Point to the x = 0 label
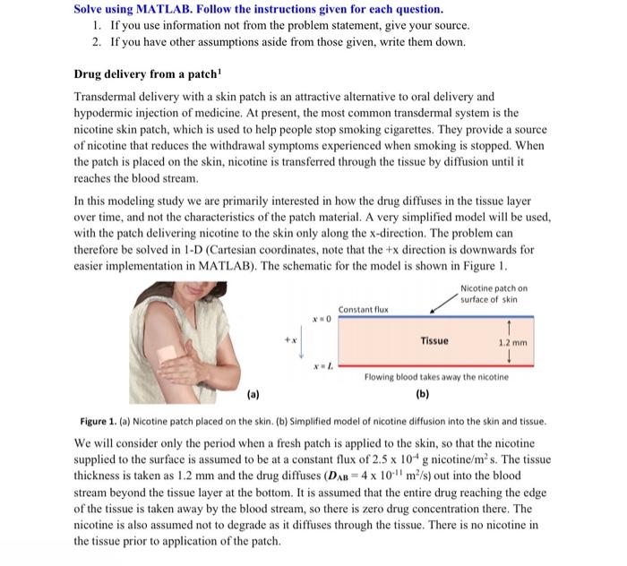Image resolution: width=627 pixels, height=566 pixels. [x=322, y=318]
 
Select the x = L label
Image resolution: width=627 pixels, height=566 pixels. [x=322, y=366]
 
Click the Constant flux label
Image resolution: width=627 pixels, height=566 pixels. [x=362, y=308]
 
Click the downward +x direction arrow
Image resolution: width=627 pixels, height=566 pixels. [x=301, y=342]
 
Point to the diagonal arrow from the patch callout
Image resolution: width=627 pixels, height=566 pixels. [x=443, y=302]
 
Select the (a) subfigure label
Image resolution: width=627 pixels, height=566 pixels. [x=251, y=392]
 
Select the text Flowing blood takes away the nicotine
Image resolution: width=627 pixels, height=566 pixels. [x=436, y=377]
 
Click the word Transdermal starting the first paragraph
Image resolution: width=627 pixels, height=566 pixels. [x=106, y=97]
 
